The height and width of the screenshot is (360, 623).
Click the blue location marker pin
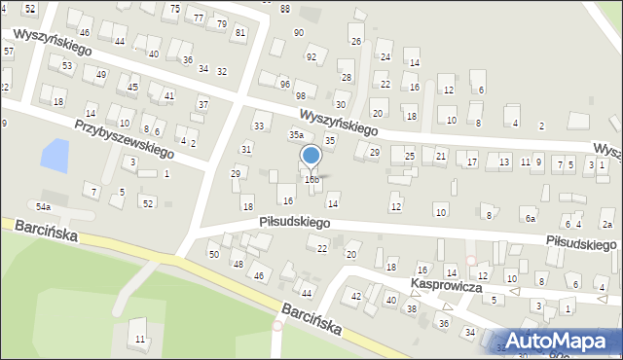pyautogui.click(x=311, y=156)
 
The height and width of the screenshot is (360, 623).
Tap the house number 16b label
pyautogui.click(x=311, y=179)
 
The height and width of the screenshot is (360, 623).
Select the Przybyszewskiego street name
pyautogui.click(x=125, y=139)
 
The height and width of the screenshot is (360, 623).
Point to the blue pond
pyautogui.click(x=55, y=153)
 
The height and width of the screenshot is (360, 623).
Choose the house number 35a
pyautogui.click(x=296, y=135)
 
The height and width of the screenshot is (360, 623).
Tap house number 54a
pyautogui.click(x=43, y=207)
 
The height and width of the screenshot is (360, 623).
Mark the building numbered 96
pyautogui.click(x=285, y=85)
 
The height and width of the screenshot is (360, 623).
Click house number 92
pyautogui.click(x=311, y=57)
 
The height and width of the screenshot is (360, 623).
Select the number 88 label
pyautogui.click(x=284, y=9)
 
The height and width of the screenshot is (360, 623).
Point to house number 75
pyautogui.click(x=174, y=8)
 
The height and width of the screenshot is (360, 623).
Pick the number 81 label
pyautogui.click(x=240, y=32)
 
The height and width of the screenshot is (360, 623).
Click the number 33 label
pyautogui.click(x=259, y=126)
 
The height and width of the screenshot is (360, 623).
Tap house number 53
pyautogui.click(x=66, y=66)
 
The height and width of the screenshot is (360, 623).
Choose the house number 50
pyautogui.click(x=214, y=254)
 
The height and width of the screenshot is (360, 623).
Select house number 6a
pyautogui.click(x=531, y=220)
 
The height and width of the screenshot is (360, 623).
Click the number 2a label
pyautogui.click(x=607, y=224)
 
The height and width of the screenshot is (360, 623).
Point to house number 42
pyautogui.click(x=356, y=296)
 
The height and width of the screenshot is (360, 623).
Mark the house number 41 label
pyautogui.click(x=169, y=96)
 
